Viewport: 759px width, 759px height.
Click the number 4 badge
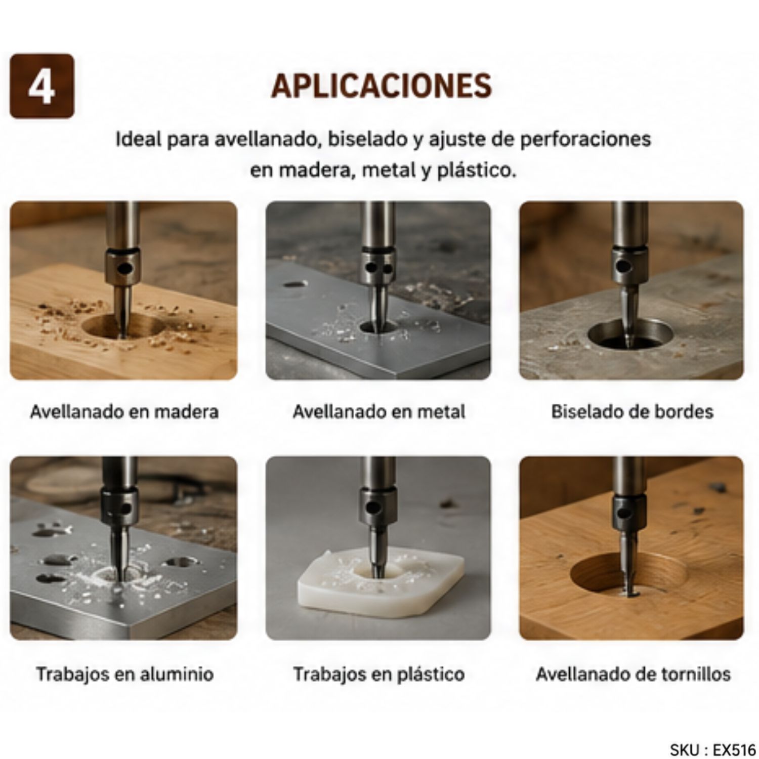point(42,86)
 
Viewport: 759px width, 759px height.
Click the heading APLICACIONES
point(382,86)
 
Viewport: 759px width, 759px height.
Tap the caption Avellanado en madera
point(124,411)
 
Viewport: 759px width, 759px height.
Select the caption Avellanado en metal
point(378,411)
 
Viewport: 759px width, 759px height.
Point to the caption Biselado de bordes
point(632,411)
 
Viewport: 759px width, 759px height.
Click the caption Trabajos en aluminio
point(124,674)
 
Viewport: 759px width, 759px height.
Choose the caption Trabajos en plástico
point(378,674)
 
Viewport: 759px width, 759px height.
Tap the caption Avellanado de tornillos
point(633,674)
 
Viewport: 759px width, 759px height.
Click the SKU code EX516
point(734,749)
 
